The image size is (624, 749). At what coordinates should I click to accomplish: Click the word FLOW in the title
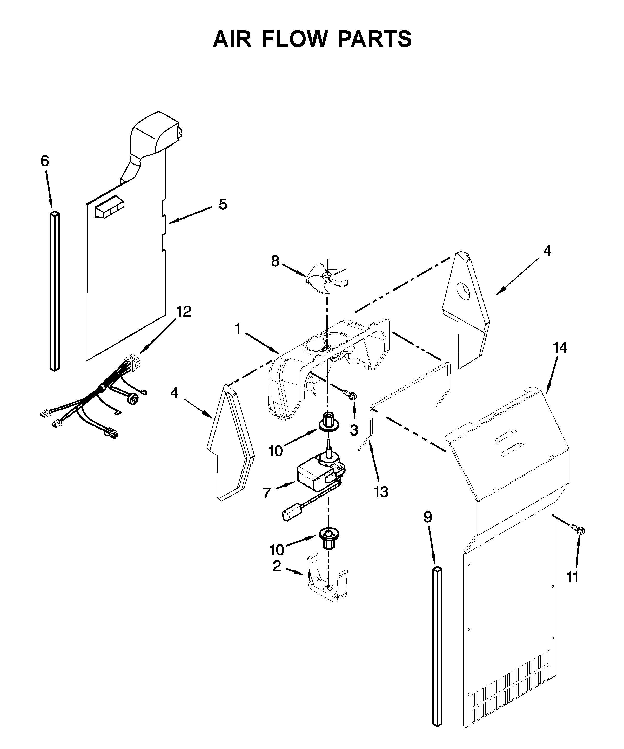tap(294, 39)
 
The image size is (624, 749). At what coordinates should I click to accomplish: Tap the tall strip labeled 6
tap(54, 291)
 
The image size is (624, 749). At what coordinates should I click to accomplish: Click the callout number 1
tap(238, 328)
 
